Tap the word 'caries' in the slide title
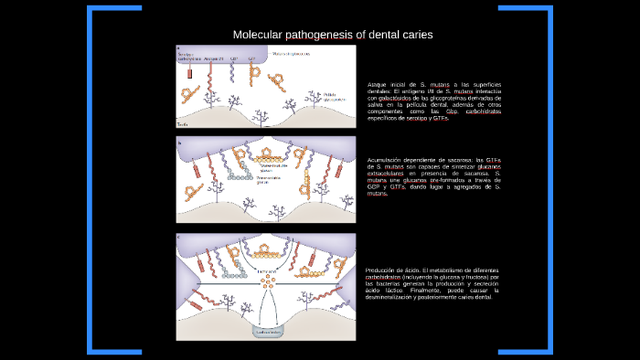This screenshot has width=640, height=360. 415,35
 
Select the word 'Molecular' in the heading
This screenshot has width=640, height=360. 257,35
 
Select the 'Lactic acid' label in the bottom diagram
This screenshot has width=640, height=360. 266,271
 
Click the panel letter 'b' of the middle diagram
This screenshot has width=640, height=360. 180,143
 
